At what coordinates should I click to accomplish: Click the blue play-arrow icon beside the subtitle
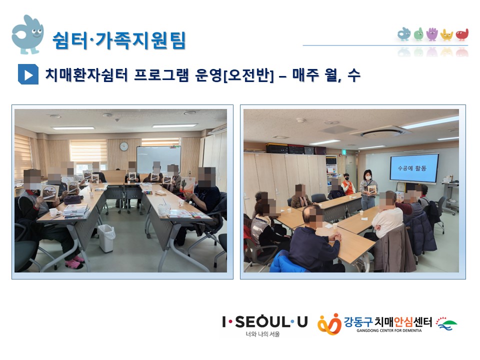tap(28, 74)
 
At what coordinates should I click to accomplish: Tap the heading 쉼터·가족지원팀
tap(119, 40)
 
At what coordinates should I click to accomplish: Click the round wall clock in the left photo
tap(124, 146)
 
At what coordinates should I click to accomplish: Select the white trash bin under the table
tap(106, 238)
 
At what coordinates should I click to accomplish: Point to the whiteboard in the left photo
tap(158, 159)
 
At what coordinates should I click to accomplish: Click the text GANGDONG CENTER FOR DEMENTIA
tap(389, 330)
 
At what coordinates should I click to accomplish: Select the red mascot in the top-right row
tap(462, 34)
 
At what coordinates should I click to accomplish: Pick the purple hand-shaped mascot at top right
tap(432, 34)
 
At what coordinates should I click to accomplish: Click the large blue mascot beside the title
tap(27, 34)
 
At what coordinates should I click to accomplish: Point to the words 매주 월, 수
tap(326, 74)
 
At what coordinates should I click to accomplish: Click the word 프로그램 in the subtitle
tap(161, 74)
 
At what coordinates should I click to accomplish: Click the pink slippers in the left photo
tap(74, 262)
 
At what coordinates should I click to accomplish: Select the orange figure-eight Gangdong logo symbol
tap(329, 324)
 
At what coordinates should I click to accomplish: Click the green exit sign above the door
tap(344, 152)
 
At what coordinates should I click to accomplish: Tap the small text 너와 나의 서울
tap(263, 334)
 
